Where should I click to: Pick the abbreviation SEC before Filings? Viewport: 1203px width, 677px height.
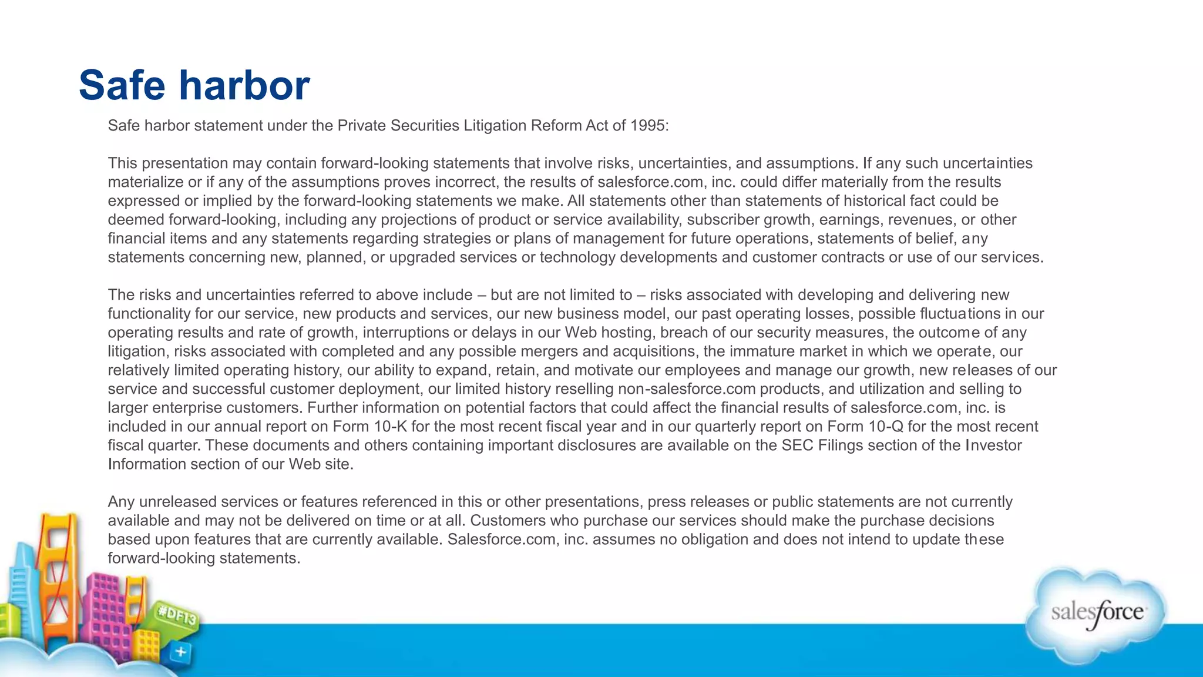pos(797,445)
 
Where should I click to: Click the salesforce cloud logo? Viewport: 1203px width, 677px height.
pos(1096,614)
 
